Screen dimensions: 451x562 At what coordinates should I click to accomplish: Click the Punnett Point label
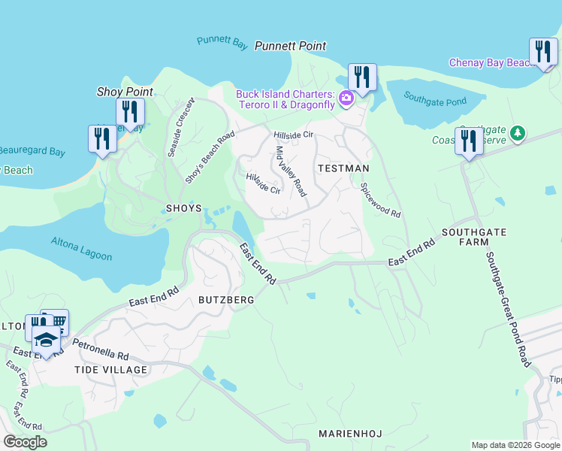[x=290, y=46]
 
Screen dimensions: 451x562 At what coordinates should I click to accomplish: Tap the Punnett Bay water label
[x=222, y=43]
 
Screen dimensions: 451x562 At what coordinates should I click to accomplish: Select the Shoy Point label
[x=125, y=92]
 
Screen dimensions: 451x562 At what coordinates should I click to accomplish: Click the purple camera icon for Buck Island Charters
[x=346, y=98]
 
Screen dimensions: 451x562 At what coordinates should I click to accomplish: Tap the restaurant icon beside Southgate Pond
[x=361, y=77]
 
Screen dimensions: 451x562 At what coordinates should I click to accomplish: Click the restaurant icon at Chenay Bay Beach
[x=542, y=53]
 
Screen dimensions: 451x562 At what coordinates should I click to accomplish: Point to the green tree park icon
[x=517, y=134]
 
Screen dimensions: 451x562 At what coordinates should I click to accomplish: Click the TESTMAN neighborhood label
[x=343, y=168]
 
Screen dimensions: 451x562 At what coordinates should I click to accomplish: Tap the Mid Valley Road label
[x=291, y=171]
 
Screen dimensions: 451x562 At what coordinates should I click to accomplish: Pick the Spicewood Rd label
[x=380, y=200]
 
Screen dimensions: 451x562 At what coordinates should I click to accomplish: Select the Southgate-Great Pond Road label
[x=508, y=308]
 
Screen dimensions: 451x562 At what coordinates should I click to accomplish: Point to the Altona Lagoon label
[x=81, y=249]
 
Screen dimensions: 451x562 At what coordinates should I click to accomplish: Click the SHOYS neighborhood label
[x=183, y=207]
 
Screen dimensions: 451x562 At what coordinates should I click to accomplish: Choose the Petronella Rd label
[x=101, y=351]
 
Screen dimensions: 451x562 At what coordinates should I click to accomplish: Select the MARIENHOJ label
[x=352, y=434]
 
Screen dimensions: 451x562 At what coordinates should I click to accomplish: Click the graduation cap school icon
[x=47, y=339]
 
